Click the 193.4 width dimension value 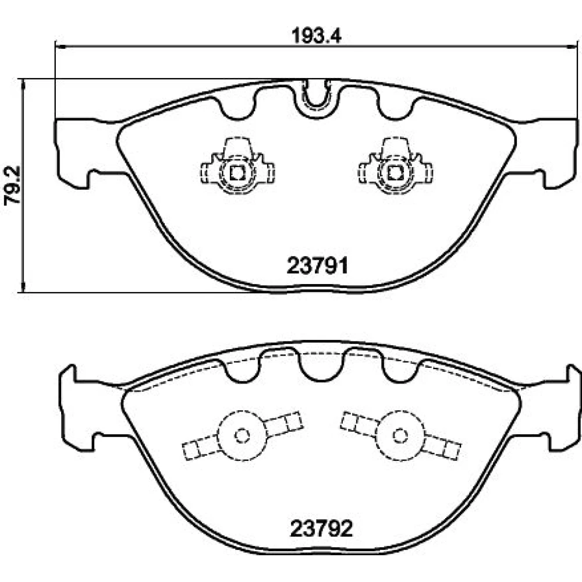(316, 36)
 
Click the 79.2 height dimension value (12, 186)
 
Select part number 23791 (317, 266)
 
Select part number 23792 (321, 528)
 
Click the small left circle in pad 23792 (242, 435)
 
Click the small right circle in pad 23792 (400, 435)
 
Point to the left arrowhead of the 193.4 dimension (60, 47)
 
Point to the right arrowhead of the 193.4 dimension (573, 47)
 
